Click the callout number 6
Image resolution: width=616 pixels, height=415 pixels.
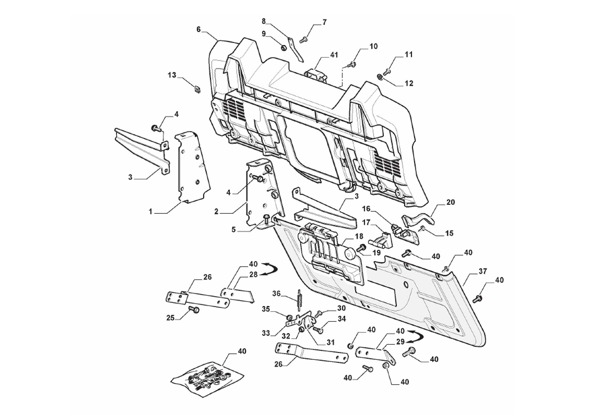pos(198,29)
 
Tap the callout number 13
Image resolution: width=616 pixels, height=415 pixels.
pos(172,75)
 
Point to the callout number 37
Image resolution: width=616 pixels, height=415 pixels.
pos(483,271)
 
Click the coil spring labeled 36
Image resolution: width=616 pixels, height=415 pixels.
pos(298,300)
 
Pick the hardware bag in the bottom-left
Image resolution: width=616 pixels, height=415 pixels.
pos(207,379)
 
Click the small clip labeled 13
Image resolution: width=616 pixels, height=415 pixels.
pos(197,89)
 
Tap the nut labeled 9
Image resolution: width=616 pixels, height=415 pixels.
pos(283,48)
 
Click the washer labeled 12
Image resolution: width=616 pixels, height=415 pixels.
pos(380,76)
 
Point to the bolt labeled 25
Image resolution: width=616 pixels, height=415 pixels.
pos(194,309)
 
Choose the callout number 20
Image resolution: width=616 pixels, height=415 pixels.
pos(450,202)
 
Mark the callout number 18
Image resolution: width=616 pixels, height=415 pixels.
pos(359,236)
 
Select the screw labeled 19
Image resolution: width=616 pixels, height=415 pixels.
pos(361,247)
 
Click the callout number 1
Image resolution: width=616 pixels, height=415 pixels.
pos(151,212)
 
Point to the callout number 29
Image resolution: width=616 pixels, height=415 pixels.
pos(400,342)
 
